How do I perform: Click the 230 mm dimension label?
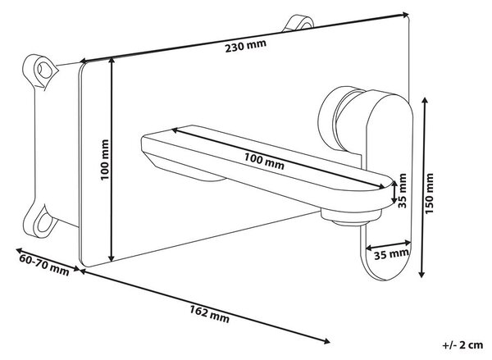tap(246, 46)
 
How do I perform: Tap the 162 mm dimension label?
tap(209, 314)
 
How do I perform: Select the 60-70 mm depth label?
tap(44, 265)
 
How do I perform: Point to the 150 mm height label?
tap(429, 194)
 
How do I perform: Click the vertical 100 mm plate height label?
tap(105, 160)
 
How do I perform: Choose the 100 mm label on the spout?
tap(264, 161)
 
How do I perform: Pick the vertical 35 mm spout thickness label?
tap(403, 190)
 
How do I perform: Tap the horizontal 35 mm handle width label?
tap(392, 253)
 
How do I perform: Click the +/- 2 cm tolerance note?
tap(462, 345)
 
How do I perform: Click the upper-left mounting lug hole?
tap(45, 70)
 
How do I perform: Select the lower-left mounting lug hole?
tap(43, 222)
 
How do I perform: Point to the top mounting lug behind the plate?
tap(298, 23)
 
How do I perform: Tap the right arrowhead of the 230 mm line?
tap(406, 15)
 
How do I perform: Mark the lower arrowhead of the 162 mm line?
tap(326, 341)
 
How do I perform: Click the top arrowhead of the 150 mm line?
tap(425, 101)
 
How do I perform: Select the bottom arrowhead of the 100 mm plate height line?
tap(111, 257)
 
